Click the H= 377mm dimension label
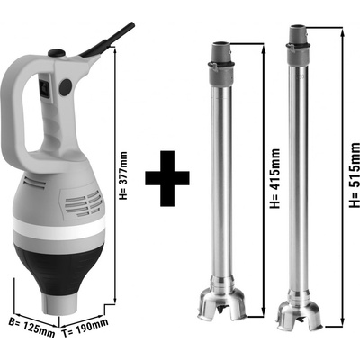click(x=123, y=175)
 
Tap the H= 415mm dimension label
click(x=274, y=178)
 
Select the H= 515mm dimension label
click(x=355, y=175)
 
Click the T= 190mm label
click(x=85, y=328)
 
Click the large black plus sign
click(x=167, y=178)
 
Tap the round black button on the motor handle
click(x=66, y=87)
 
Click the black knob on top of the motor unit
click(x=57, y=53)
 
